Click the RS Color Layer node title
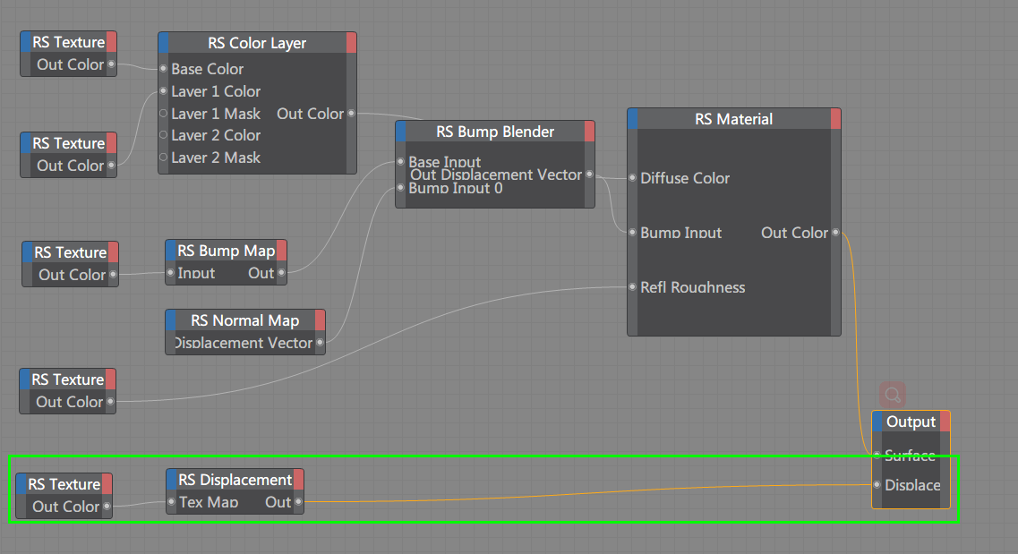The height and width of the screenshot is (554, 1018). [257, 43]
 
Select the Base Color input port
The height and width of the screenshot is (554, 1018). [163, 69]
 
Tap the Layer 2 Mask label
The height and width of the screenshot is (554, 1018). [216, 158]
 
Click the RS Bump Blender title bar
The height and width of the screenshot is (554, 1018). [495, 132]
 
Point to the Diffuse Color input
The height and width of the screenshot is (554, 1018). [633, 178]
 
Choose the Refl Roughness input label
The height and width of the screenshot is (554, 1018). [693, 287]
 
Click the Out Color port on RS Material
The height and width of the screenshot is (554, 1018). [835, 233]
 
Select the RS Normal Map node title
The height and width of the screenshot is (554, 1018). [244, 320]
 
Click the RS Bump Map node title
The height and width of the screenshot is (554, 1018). [226, 251]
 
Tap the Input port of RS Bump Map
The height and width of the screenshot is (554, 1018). [171, 273]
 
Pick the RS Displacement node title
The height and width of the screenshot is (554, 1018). [235, 481]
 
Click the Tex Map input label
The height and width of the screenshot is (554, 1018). [209, 502]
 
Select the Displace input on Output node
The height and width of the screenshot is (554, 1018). [877, 485]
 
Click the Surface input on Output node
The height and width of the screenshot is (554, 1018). [877, 456]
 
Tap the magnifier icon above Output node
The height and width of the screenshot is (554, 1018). [892, 394]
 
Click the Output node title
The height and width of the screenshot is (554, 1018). [911, 422]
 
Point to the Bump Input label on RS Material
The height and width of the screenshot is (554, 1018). [681, 233]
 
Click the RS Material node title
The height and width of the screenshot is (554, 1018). [733, 119]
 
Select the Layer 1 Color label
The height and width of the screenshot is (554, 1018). [216, 91]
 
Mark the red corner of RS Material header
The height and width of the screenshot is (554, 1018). [835, 119]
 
